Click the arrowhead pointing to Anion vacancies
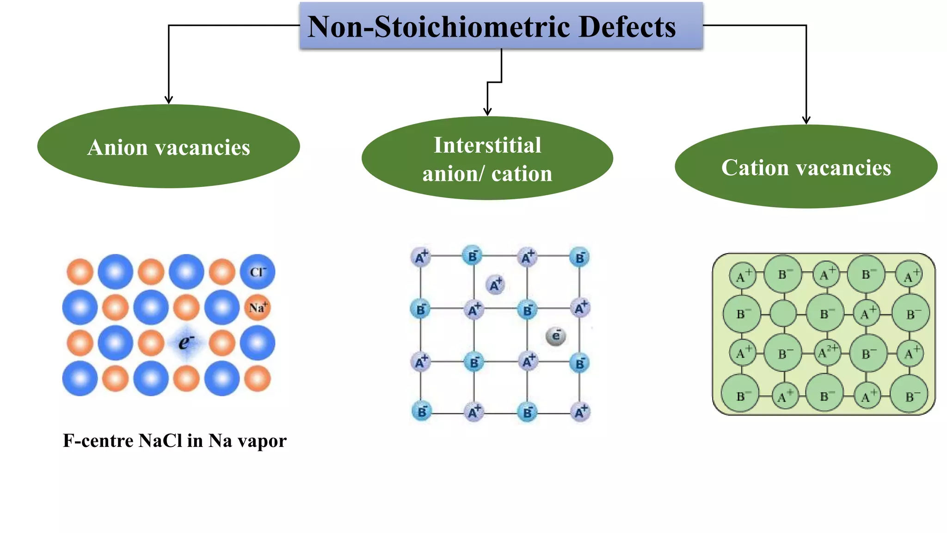(168, 99)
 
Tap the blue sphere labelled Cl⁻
(257, 272)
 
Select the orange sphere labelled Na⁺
(257, 308)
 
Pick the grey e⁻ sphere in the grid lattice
(555, 336)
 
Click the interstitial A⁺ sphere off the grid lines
(495, 285)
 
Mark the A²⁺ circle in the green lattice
(826, 353)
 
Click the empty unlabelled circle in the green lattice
(783, 314)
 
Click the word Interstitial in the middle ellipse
(487, 145)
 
